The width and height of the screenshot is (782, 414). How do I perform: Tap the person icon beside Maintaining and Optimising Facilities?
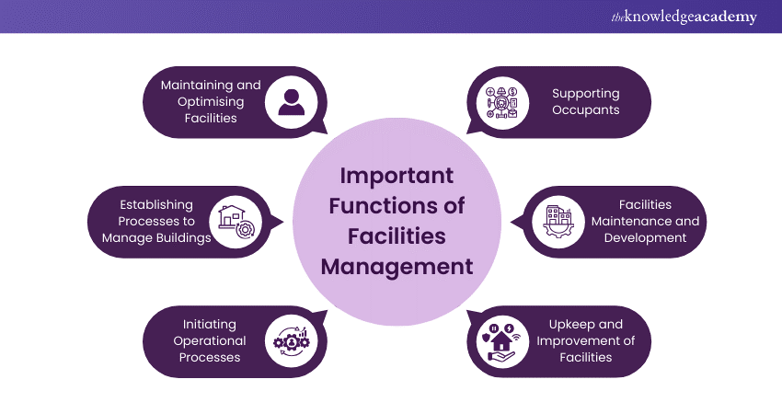point(291,101)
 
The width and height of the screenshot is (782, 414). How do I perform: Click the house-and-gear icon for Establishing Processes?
point(231,221)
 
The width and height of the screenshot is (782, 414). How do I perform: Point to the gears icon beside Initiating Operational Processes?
point(291,340)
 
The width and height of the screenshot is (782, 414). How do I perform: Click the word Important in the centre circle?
point(397,176)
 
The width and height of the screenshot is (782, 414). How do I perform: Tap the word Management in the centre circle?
point(397,267)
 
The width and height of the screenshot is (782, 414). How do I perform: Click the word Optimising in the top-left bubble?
point(211,101)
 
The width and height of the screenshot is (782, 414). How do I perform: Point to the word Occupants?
point(586,109)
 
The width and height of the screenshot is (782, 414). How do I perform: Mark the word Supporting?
point(586,93)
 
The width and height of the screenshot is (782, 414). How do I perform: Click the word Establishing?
point(156,204)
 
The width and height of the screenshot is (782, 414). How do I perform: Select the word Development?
point(645,237)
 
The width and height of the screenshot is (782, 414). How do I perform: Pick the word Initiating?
point(209,324)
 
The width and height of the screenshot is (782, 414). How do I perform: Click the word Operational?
point(209,340)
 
